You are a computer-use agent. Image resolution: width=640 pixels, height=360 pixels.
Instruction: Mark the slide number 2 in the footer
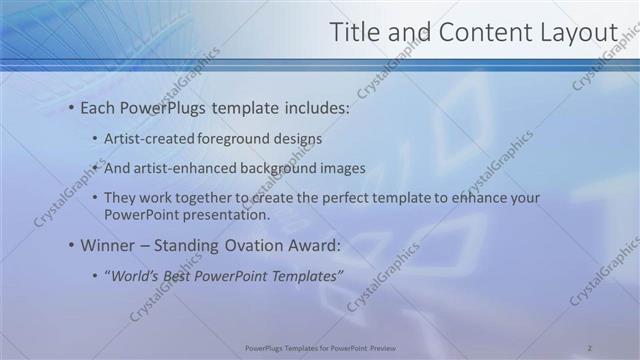(589, 347)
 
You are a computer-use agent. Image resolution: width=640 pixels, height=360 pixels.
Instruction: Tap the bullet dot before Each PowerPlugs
(71, 108)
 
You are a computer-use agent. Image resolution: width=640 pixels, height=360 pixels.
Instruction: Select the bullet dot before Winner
(71, 246)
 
